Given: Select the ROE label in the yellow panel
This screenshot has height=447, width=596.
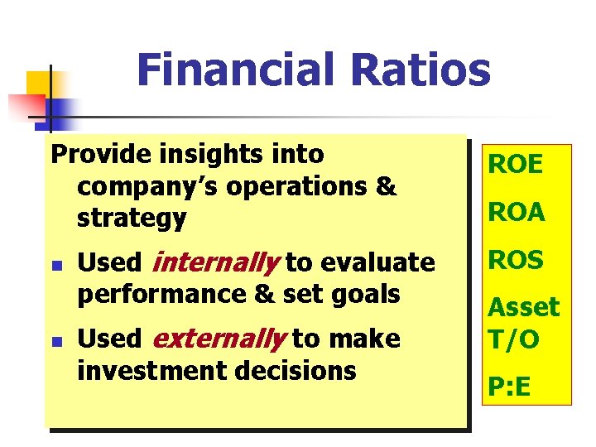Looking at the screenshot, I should pyautogui.click(x=515, y=165).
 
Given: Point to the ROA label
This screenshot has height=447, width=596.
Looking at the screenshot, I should pyautogui.click(x=516, y=213).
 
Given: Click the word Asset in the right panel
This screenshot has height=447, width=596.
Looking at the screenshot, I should pyautogui.click(x=523, y=307).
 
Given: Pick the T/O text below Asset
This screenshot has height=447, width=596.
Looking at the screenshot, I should pyautogui.click(x=513, y=339).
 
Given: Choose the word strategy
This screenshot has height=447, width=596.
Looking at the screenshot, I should pyautogui.click(x=132, y=219).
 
